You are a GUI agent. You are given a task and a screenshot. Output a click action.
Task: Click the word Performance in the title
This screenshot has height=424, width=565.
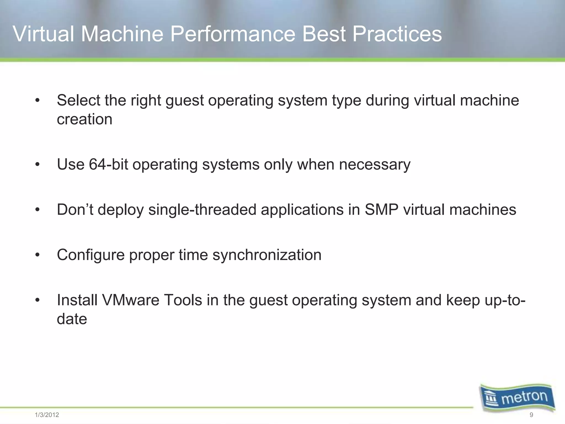(x=232, y=34)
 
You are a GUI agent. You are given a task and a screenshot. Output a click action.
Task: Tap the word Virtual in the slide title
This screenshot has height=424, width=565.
(x=43, y=34)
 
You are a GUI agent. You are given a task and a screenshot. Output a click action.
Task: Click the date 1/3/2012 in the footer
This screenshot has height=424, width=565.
(x=47, y=415)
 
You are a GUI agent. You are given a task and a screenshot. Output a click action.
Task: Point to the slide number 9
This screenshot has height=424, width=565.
(x=531, y=415)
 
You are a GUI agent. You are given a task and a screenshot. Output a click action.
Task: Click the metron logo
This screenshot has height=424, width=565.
(x=518, y=398)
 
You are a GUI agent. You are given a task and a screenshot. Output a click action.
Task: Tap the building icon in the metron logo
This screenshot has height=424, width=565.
(x=492, y=399)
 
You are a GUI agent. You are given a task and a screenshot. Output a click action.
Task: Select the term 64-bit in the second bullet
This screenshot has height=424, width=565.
(x=108, y=165)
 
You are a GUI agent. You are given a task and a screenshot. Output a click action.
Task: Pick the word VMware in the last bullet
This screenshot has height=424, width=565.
(x=131, y=300)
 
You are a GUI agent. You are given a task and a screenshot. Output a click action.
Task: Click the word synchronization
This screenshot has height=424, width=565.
(x=267, y=255)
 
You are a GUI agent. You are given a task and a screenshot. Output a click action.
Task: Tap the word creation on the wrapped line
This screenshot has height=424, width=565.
(x=84, y=119)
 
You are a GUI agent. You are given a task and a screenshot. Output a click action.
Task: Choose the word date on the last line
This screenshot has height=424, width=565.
(x=72, y=319)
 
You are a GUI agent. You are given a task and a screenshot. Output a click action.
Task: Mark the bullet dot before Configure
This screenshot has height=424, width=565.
(x=38, y=255)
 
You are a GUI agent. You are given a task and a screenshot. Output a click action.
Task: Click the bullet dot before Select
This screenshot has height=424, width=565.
(x=38, y=101)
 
